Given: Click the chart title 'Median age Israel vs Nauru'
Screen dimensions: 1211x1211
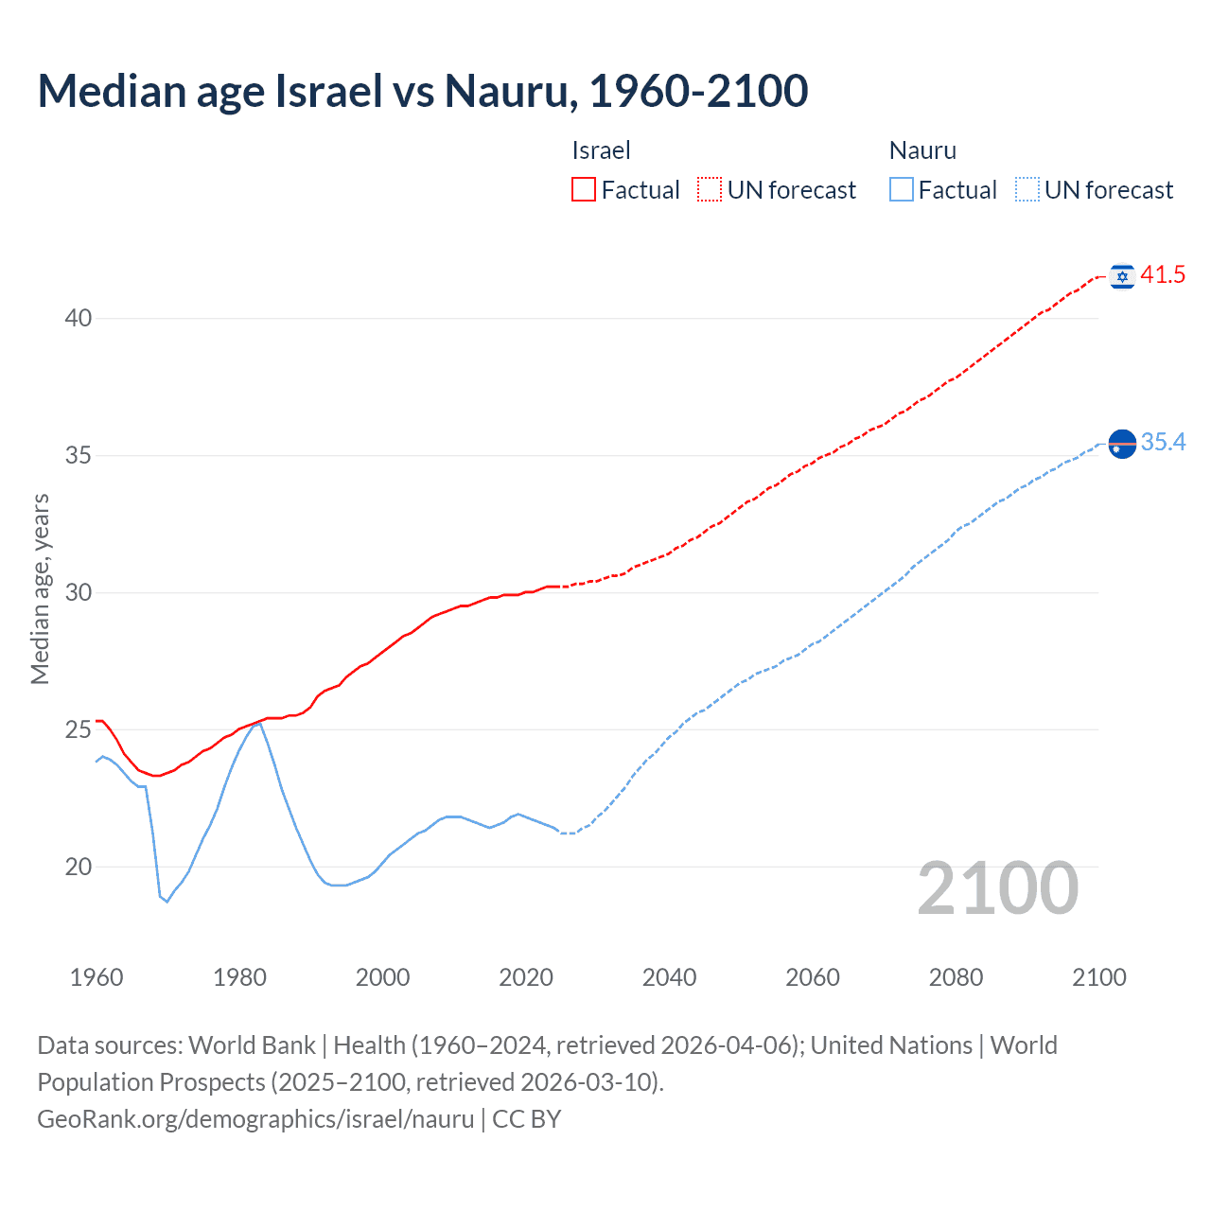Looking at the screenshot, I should click(x=422, y=91).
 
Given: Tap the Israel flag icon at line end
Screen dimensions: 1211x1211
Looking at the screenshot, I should click(x=1122, y=275).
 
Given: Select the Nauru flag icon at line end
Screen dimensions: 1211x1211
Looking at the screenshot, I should click(x=1122, y=443).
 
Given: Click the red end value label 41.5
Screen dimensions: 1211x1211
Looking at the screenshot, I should click(x=1163, y=275).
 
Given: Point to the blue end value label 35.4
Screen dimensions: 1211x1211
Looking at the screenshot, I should click(x=1163, y=443).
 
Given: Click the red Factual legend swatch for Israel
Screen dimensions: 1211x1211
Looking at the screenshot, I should click(x=584, y=190).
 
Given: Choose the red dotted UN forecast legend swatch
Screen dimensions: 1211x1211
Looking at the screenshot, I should click(x=710, y=190).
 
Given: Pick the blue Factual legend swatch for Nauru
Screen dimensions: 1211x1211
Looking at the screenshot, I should click(x=902, y=190).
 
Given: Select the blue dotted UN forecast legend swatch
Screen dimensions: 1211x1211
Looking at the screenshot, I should click(x=1027, y=190).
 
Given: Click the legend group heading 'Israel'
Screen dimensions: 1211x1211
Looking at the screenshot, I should click(x=601, y=150).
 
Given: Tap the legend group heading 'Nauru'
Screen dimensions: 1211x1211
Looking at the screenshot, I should click(x=922, y=150).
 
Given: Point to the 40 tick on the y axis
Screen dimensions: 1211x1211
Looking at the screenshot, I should click(x=79, y=319).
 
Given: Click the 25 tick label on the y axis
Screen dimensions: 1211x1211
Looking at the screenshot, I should click(x=79, y=730).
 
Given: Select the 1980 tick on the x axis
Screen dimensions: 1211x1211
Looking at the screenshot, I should click(x=239, y=977).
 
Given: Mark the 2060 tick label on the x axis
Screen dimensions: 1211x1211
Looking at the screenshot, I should click(x=813, y=977).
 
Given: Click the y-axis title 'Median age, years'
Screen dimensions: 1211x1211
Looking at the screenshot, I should click(x=40, y=588).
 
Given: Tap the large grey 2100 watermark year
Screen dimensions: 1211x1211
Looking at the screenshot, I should click(x=997, y=888).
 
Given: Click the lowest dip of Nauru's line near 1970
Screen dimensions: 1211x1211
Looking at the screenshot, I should click(x=167, y=902).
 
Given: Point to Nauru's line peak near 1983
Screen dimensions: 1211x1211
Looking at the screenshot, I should click(x=259, y=723).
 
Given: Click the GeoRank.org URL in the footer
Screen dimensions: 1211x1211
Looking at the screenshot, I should click(x=255, y=1119).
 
